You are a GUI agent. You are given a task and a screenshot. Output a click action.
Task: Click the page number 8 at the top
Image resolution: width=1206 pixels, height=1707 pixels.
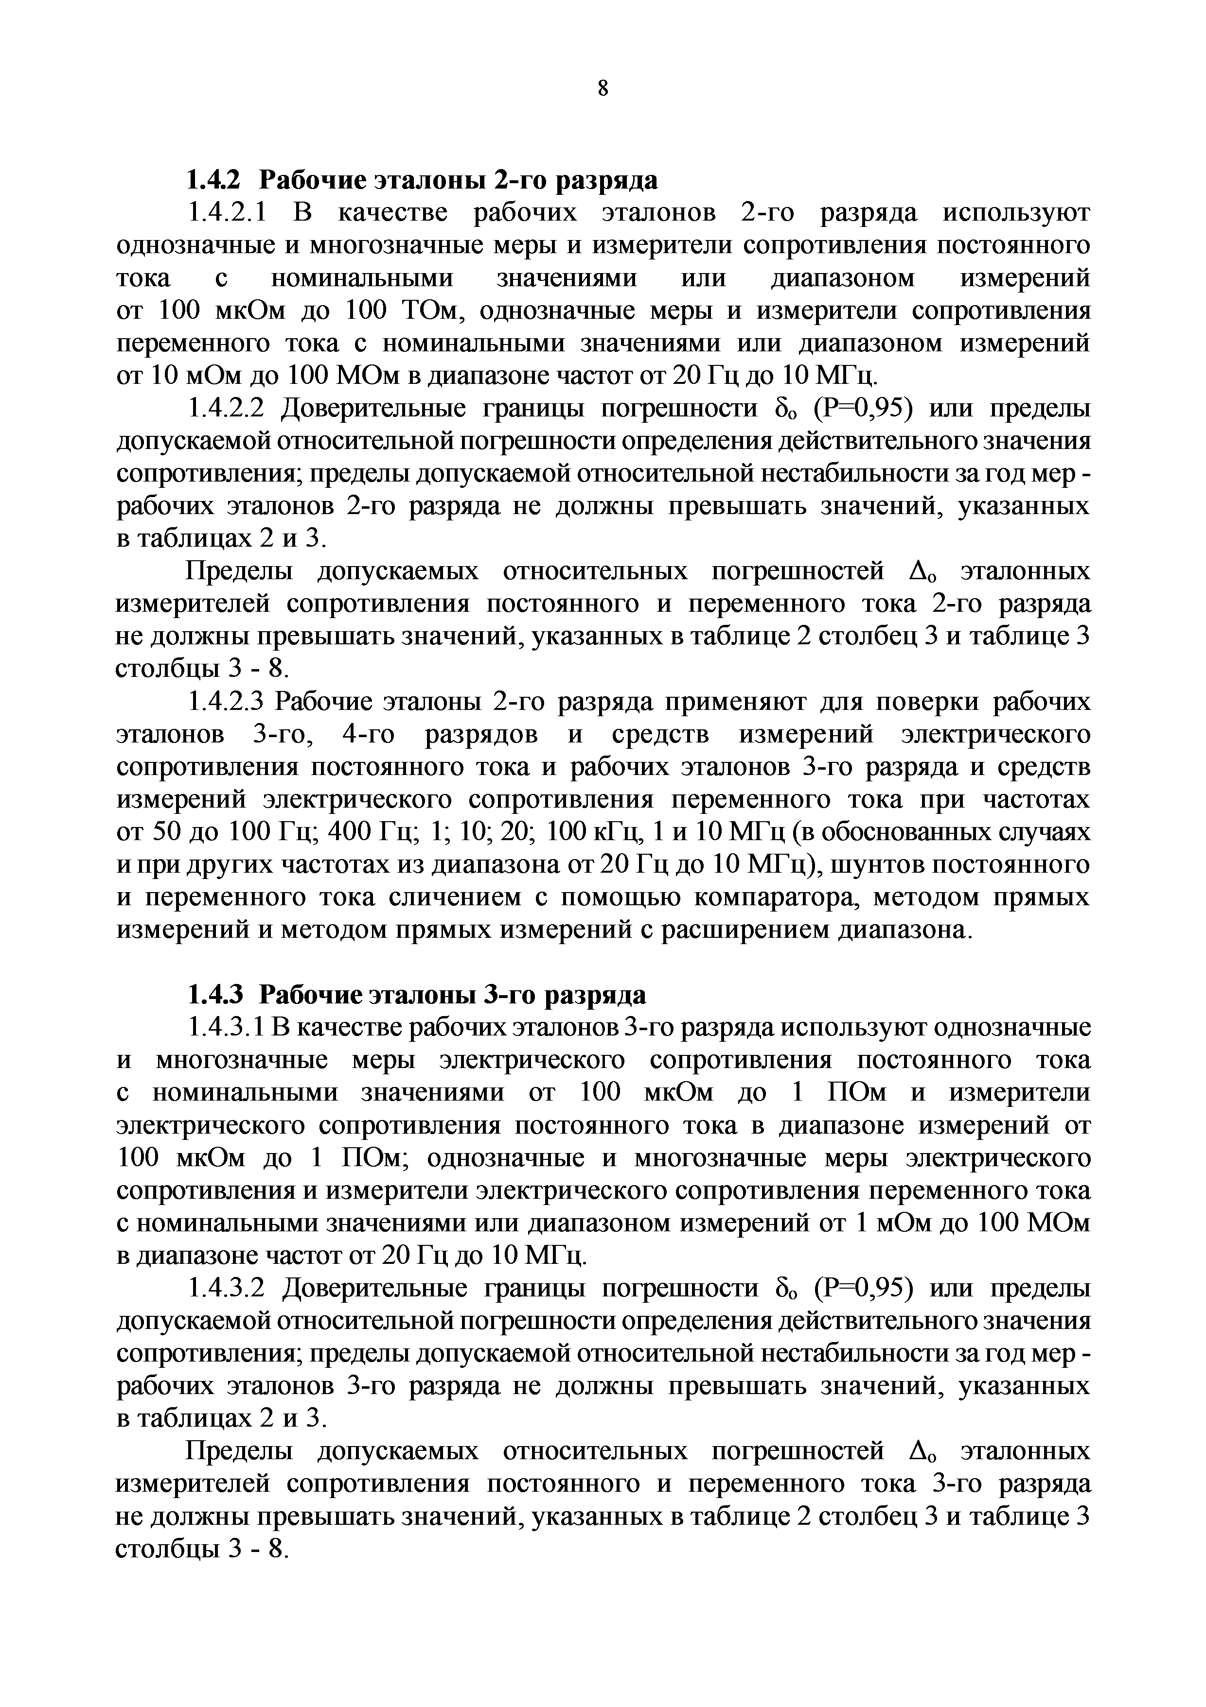point(603,88)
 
